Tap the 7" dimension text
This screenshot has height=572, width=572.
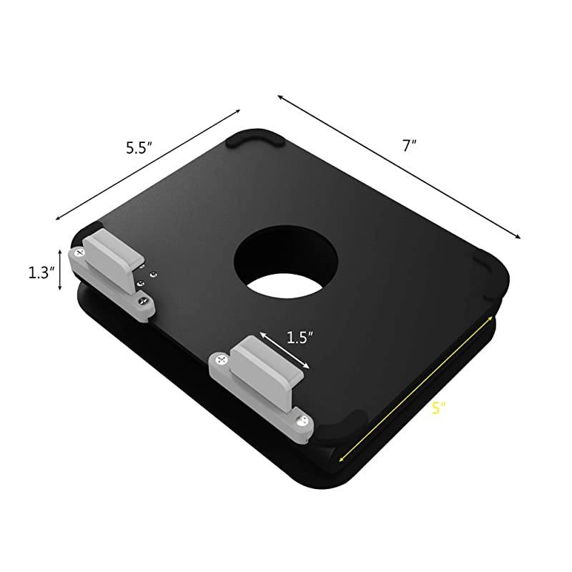(409, 145)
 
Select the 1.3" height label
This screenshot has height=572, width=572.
(39, 272)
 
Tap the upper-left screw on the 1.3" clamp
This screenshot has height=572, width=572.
(77, 252)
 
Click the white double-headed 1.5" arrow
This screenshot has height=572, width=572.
(285, 350)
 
